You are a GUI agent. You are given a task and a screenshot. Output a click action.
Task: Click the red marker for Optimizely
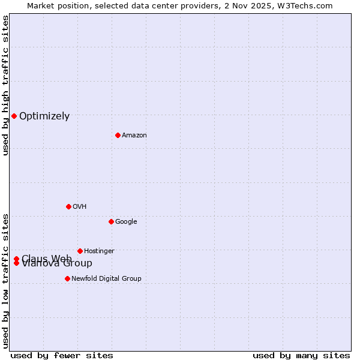(14, 116)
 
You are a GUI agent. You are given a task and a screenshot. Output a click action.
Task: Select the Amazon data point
(118, 135)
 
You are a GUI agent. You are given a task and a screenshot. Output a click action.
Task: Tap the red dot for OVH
(68, 206)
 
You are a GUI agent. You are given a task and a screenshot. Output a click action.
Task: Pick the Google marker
(111, 221)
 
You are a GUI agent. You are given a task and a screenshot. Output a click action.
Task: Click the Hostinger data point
(80, 251)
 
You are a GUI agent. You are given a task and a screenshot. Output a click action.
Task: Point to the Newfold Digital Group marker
(67, 278)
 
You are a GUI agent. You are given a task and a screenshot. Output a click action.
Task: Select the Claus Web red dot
(16, 259)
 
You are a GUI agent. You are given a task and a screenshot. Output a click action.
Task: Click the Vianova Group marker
(16, 263)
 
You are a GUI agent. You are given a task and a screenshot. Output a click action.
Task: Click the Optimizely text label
(44, 116)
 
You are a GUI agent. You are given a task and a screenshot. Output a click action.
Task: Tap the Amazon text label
(134, 136)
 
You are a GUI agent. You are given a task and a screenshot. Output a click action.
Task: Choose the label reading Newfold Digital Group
(106, 278)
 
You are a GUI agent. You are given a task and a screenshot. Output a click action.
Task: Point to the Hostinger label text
(99, 251)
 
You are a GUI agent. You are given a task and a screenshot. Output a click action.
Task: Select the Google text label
(126, 222)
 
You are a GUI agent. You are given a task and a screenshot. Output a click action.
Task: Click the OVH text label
(79, 207)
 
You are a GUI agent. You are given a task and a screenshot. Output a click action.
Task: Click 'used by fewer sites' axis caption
(62, 356)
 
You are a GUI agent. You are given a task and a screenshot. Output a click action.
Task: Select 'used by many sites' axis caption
(301, 356)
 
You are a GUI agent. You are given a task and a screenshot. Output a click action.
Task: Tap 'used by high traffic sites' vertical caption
(5, 86)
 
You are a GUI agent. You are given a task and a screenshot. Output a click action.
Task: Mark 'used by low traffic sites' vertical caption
(5, 280)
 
